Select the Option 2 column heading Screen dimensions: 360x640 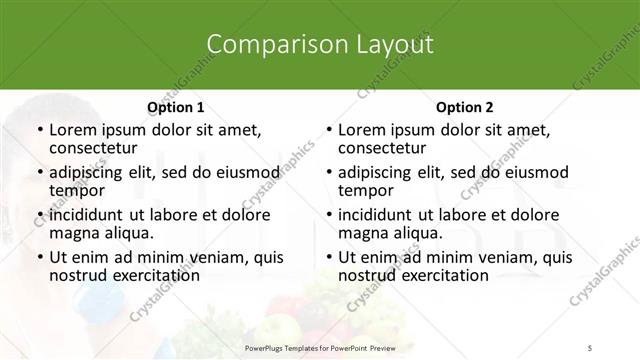[465, 107]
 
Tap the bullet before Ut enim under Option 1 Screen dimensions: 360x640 [39, 257]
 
